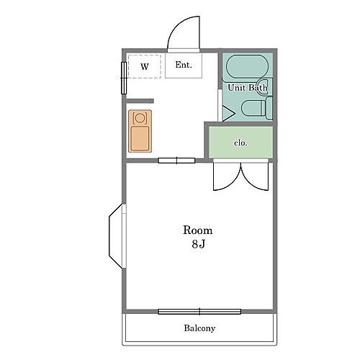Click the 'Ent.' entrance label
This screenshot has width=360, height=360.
click(x=184, y=65)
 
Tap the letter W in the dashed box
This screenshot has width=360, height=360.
click(x=145, y=66)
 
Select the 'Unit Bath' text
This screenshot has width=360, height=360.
click(x=248, y=88)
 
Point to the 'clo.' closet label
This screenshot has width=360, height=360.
click(x=240, y=143)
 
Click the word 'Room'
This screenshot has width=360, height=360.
click(x=198, y=230)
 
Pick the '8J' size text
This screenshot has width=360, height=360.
click(x=199, y=244)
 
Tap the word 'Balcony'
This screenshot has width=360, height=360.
click(x=199, y=328)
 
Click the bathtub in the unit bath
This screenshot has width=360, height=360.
click(x=247, y=67)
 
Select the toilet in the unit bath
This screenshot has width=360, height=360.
click(x=256, y=108)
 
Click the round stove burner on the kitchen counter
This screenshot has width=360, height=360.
click(x=140, y=118)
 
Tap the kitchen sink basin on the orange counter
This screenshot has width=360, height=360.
click(x=140, y=139)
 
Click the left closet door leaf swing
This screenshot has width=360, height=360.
click(x=227, y=177)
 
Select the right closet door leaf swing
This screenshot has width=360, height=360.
click(x=255, y=177)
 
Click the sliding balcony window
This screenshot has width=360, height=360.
click(x=199, y=312)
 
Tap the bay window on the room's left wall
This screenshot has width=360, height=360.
click(x=117, y=236)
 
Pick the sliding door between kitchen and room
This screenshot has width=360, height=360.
click(x=176, y=161)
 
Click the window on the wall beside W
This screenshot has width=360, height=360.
click(x=124, y=78)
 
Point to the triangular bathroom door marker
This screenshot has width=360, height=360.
click(x=228, y=114)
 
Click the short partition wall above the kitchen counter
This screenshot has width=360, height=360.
click(x=140, y=101)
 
